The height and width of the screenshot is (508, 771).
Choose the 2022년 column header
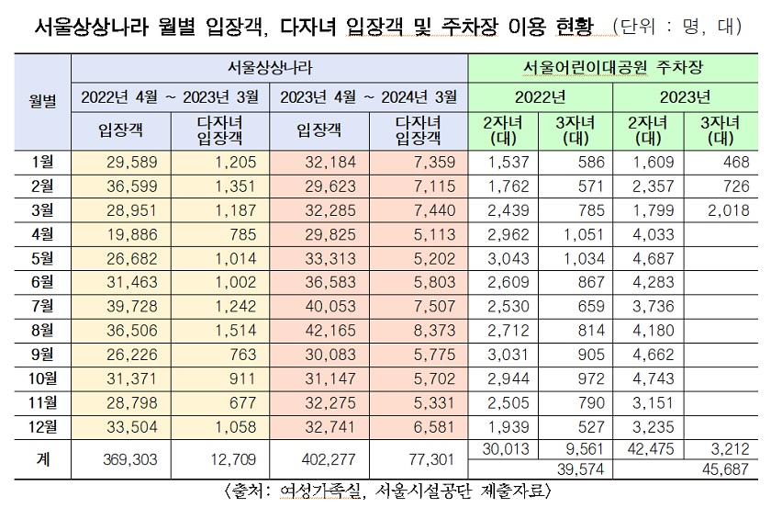pos(542,96)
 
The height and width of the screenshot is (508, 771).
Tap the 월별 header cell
pos(42,100)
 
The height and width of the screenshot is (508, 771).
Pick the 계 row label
pos(42,457)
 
